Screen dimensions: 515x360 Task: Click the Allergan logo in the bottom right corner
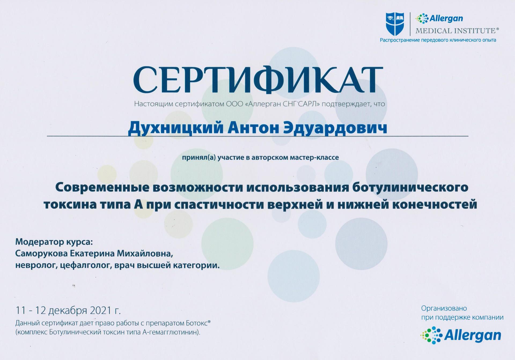pyautogui.click(x=461, y=335)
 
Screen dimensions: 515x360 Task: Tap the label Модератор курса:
pyautogui.click(x=54, y=242)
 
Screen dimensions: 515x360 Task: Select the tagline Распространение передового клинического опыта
pyautogui.click(x=438, y=40)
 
